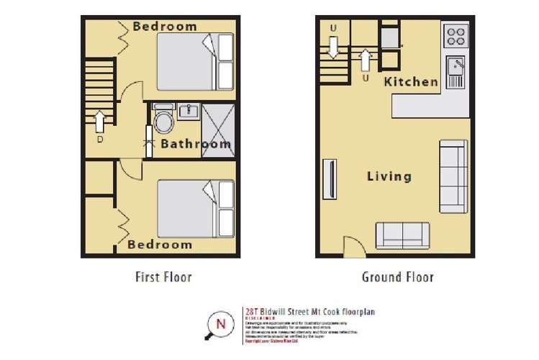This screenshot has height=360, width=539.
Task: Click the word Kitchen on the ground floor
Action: [411, 81]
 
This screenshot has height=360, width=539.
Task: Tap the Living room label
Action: [389, 176]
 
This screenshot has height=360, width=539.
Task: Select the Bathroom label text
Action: [196, 144]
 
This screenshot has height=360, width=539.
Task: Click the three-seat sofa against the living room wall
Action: [453, 176]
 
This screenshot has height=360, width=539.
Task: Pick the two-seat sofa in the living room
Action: [402, 234]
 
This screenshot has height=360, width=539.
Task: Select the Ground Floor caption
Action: [398, 276]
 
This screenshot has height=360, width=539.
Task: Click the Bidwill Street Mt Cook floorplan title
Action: [312, 312]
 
